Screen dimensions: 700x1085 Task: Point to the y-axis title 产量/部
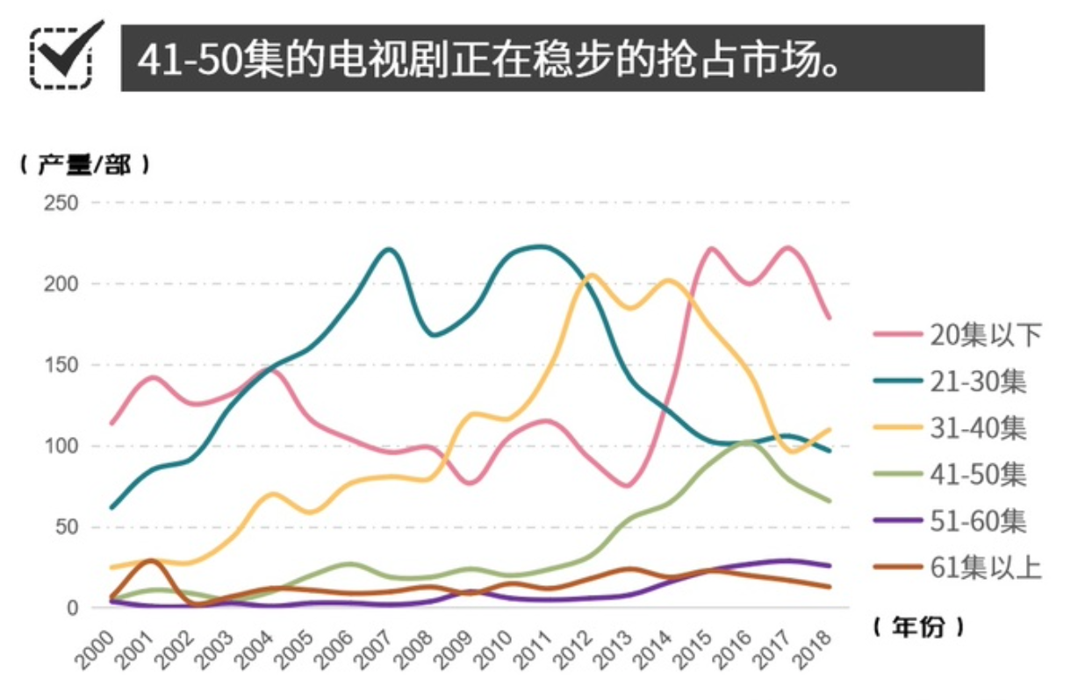[85, 165]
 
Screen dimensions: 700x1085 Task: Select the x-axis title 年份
[918, 626]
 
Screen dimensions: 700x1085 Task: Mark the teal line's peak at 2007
[389, 250]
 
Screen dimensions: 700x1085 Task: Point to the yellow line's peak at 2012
[591, 275]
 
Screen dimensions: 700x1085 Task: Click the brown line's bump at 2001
[152, 561]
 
